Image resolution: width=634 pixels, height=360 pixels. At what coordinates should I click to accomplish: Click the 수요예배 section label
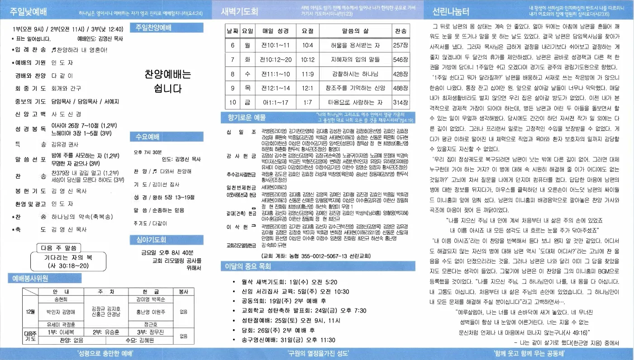[x=147, y=136]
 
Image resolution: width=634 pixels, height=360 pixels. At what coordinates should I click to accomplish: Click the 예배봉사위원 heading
[x=29, y=279]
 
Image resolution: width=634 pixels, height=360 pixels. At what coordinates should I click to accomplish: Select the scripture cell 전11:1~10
[x=276, y=74]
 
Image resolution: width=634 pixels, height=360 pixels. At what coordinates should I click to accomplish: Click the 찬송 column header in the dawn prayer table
[x=400, y=31]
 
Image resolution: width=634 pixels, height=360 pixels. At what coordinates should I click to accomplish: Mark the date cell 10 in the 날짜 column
[x=233, y=102]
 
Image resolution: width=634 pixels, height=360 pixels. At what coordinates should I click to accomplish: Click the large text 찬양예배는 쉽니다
[x=168, y=81]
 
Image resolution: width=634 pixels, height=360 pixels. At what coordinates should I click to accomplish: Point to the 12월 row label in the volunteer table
[x=30, y=312]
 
